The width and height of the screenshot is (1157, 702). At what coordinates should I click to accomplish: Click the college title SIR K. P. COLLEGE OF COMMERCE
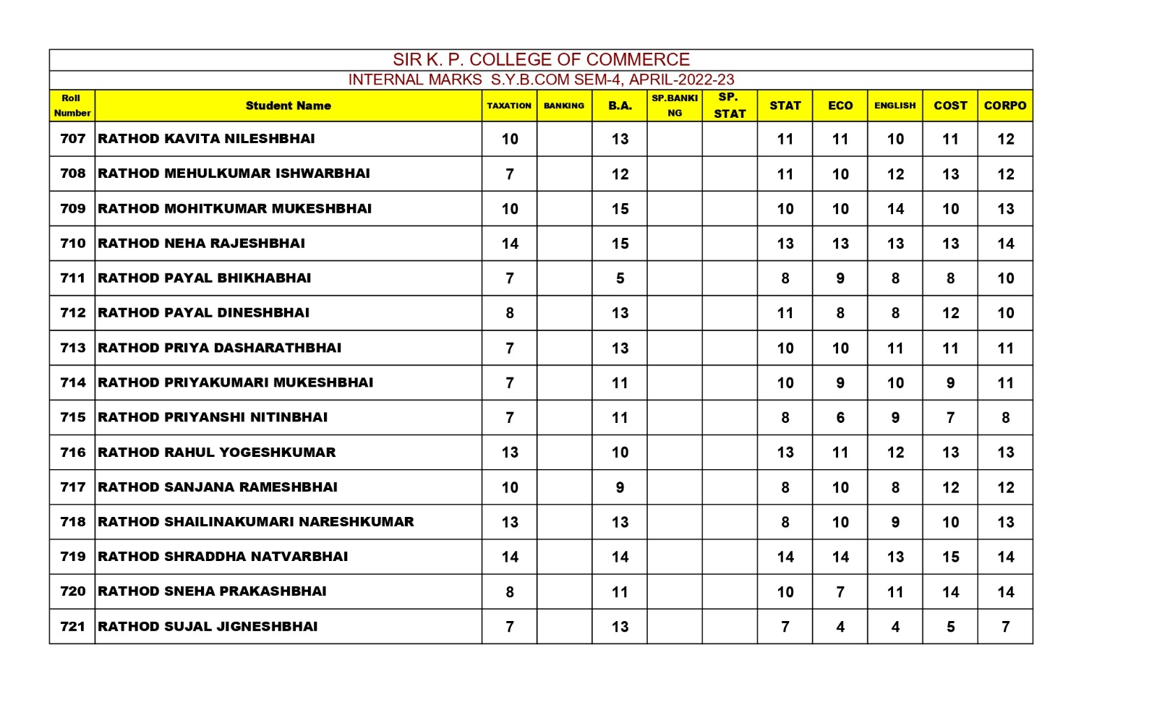pyautogui.click(x=541, y=59)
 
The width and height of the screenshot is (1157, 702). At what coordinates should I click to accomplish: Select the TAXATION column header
pyautogui.click(x=509, y=106)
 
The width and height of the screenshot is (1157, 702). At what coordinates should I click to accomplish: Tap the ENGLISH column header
pyautogui.click(x=895, y=106)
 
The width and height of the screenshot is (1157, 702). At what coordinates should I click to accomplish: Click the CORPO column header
pyautogui.click(x=1004, y=106)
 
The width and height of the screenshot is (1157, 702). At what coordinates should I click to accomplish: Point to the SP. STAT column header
pyautogui.click(x=729, y=106)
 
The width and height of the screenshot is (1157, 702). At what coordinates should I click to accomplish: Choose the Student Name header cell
pyautogui.click(x=288, y=106)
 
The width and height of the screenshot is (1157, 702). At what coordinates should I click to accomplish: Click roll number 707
pyautogui.click(x=72, y=139)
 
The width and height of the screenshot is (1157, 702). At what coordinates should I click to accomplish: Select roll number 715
pyautogui.click(x=72, y=417)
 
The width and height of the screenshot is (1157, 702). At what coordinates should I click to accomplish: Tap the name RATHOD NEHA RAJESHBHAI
pyautogui.click(x=201, y=244)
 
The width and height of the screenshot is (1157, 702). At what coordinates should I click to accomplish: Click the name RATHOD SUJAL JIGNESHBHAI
pyautogui.click(x=208, y=627)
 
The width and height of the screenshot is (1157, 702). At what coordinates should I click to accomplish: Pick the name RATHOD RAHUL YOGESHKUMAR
pyautogui.click(x=217, y=453)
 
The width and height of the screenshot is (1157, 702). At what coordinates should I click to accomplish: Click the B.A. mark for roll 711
pyautogui.click(x=620, y=278)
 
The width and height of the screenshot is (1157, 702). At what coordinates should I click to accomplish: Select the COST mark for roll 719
pyautogui.click(x=950, y=557)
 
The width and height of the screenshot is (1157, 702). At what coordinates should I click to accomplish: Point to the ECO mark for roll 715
pyautogui.click(x=840, y=417)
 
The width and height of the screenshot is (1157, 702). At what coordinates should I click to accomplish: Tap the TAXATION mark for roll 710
pyautogui.click(x=510, y=244)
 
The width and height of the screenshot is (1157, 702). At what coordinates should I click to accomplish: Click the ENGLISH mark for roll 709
pyautogui.click(x=895, y=209)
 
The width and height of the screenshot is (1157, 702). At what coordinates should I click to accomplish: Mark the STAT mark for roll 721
pyautogui.click(x=785, y=627)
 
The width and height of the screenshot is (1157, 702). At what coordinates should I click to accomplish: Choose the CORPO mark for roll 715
pyautogui.click(x=1005, y=417)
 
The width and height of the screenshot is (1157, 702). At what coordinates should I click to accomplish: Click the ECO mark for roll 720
pyautogui.click(x=840, y=592)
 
